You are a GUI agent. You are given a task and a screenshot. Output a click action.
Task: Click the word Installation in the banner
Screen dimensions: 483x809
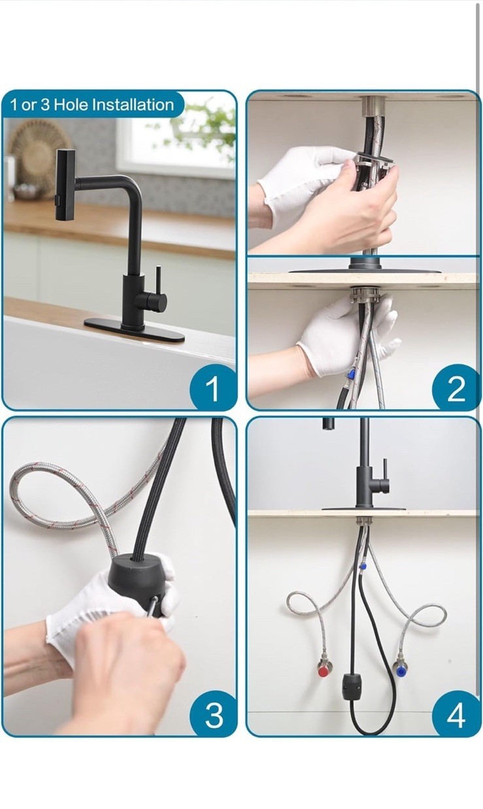(x=133, y=105)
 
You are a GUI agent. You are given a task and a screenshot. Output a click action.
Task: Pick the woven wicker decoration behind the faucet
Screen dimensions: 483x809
(x=36, y=149)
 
